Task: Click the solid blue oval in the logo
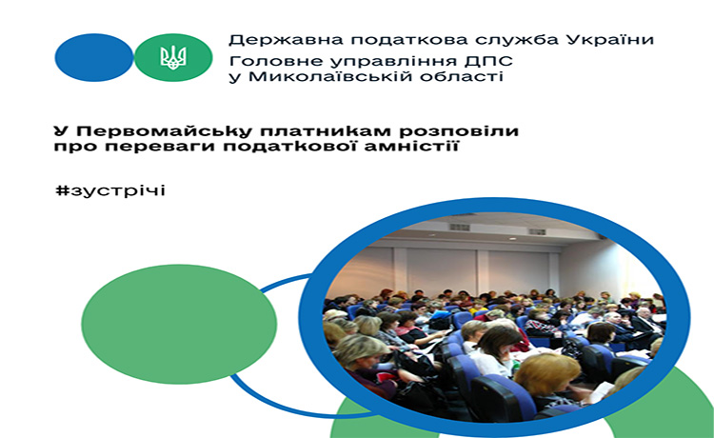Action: pos(94,57)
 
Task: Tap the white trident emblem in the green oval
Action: pos(173,58)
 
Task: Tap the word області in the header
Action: pos(459,76)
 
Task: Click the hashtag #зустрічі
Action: pos(110,190)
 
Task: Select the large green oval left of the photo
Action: pos(179,324)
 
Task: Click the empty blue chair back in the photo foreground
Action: pos(501,397)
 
